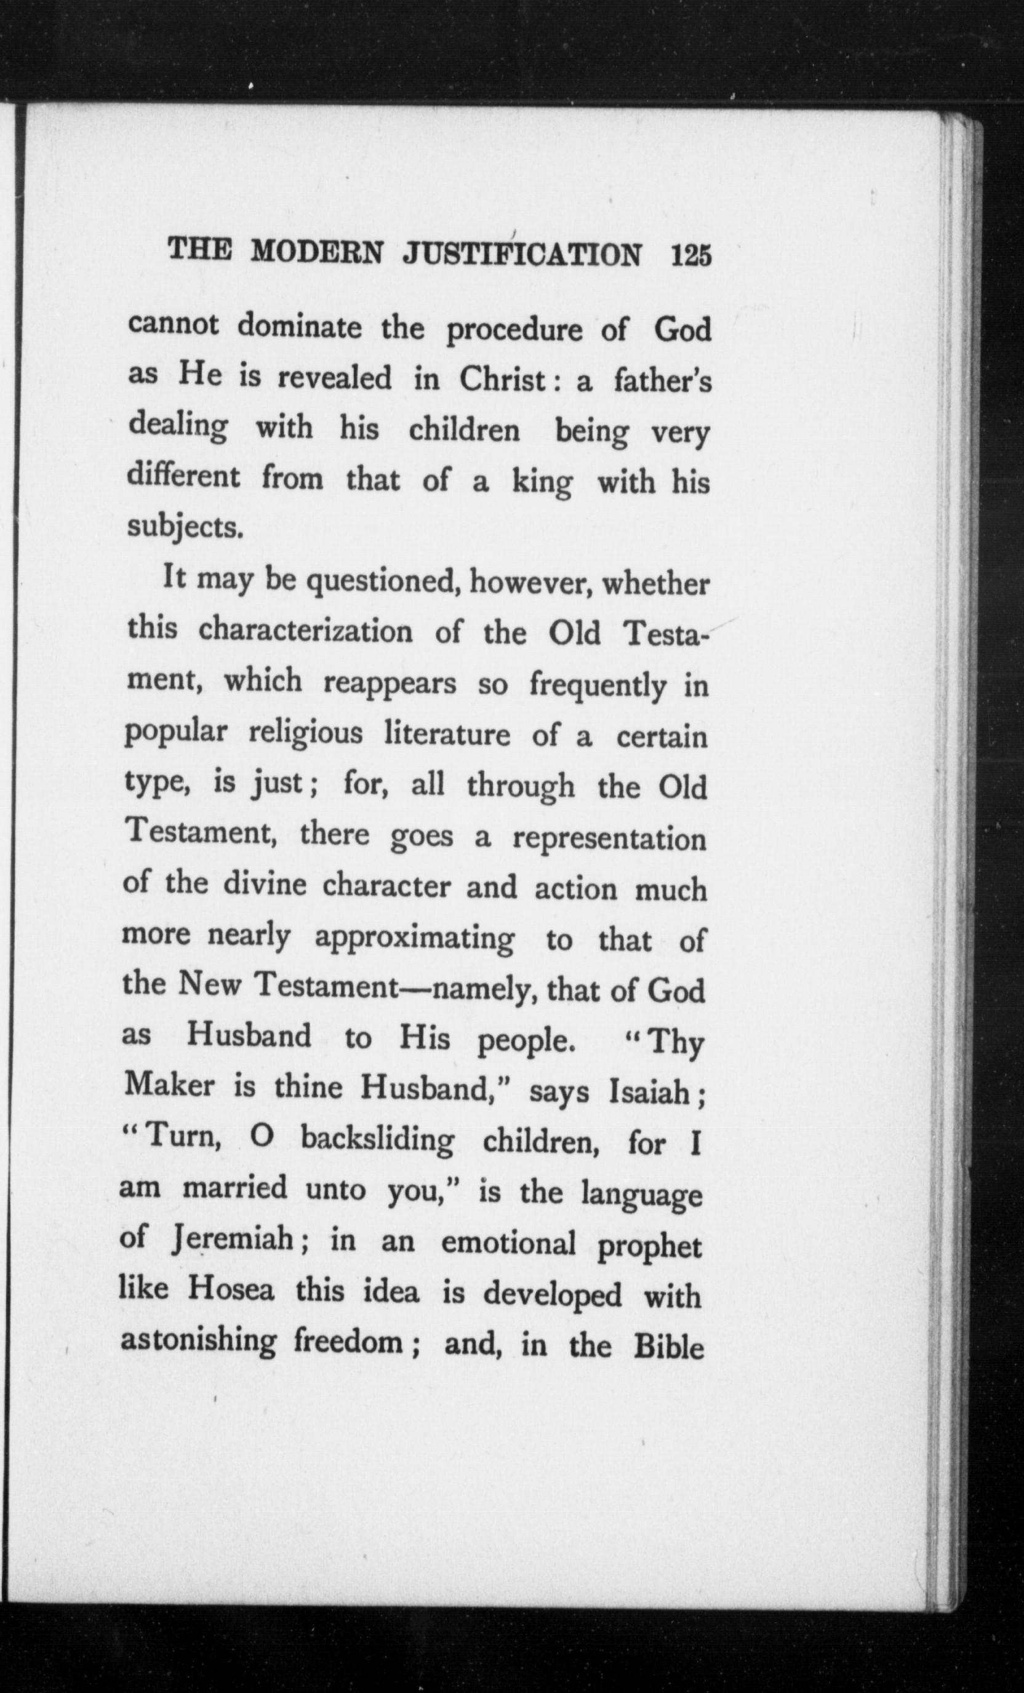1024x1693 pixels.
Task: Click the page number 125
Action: click(x=691, y=255)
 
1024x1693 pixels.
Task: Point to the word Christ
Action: click(x=502, y=380)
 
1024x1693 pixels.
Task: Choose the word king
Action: click(x=542, y=484)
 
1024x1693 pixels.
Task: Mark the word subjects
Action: click(x=186, y=528)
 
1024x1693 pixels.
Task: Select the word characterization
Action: click(x=306, y=631)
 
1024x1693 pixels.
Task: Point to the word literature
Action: click(x=447, y=735)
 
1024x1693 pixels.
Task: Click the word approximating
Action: click(x=414, y=939)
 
